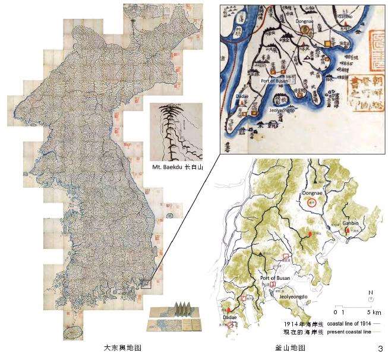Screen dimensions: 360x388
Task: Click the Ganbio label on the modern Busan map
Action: [351, 223]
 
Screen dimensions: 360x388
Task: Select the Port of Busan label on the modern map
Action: [275, 277]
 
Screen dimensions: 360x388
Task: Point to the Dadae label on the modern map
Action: [231, 318]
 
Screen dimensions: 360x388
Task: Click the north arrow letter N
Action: [370, 293]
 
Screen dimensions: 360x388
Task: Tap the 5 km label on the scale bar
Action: [373, 311]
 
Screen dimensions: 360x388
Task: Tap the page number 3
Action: [379, 348]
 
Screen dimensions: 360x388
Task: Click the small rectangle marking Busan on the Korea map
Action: [146, 283]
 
